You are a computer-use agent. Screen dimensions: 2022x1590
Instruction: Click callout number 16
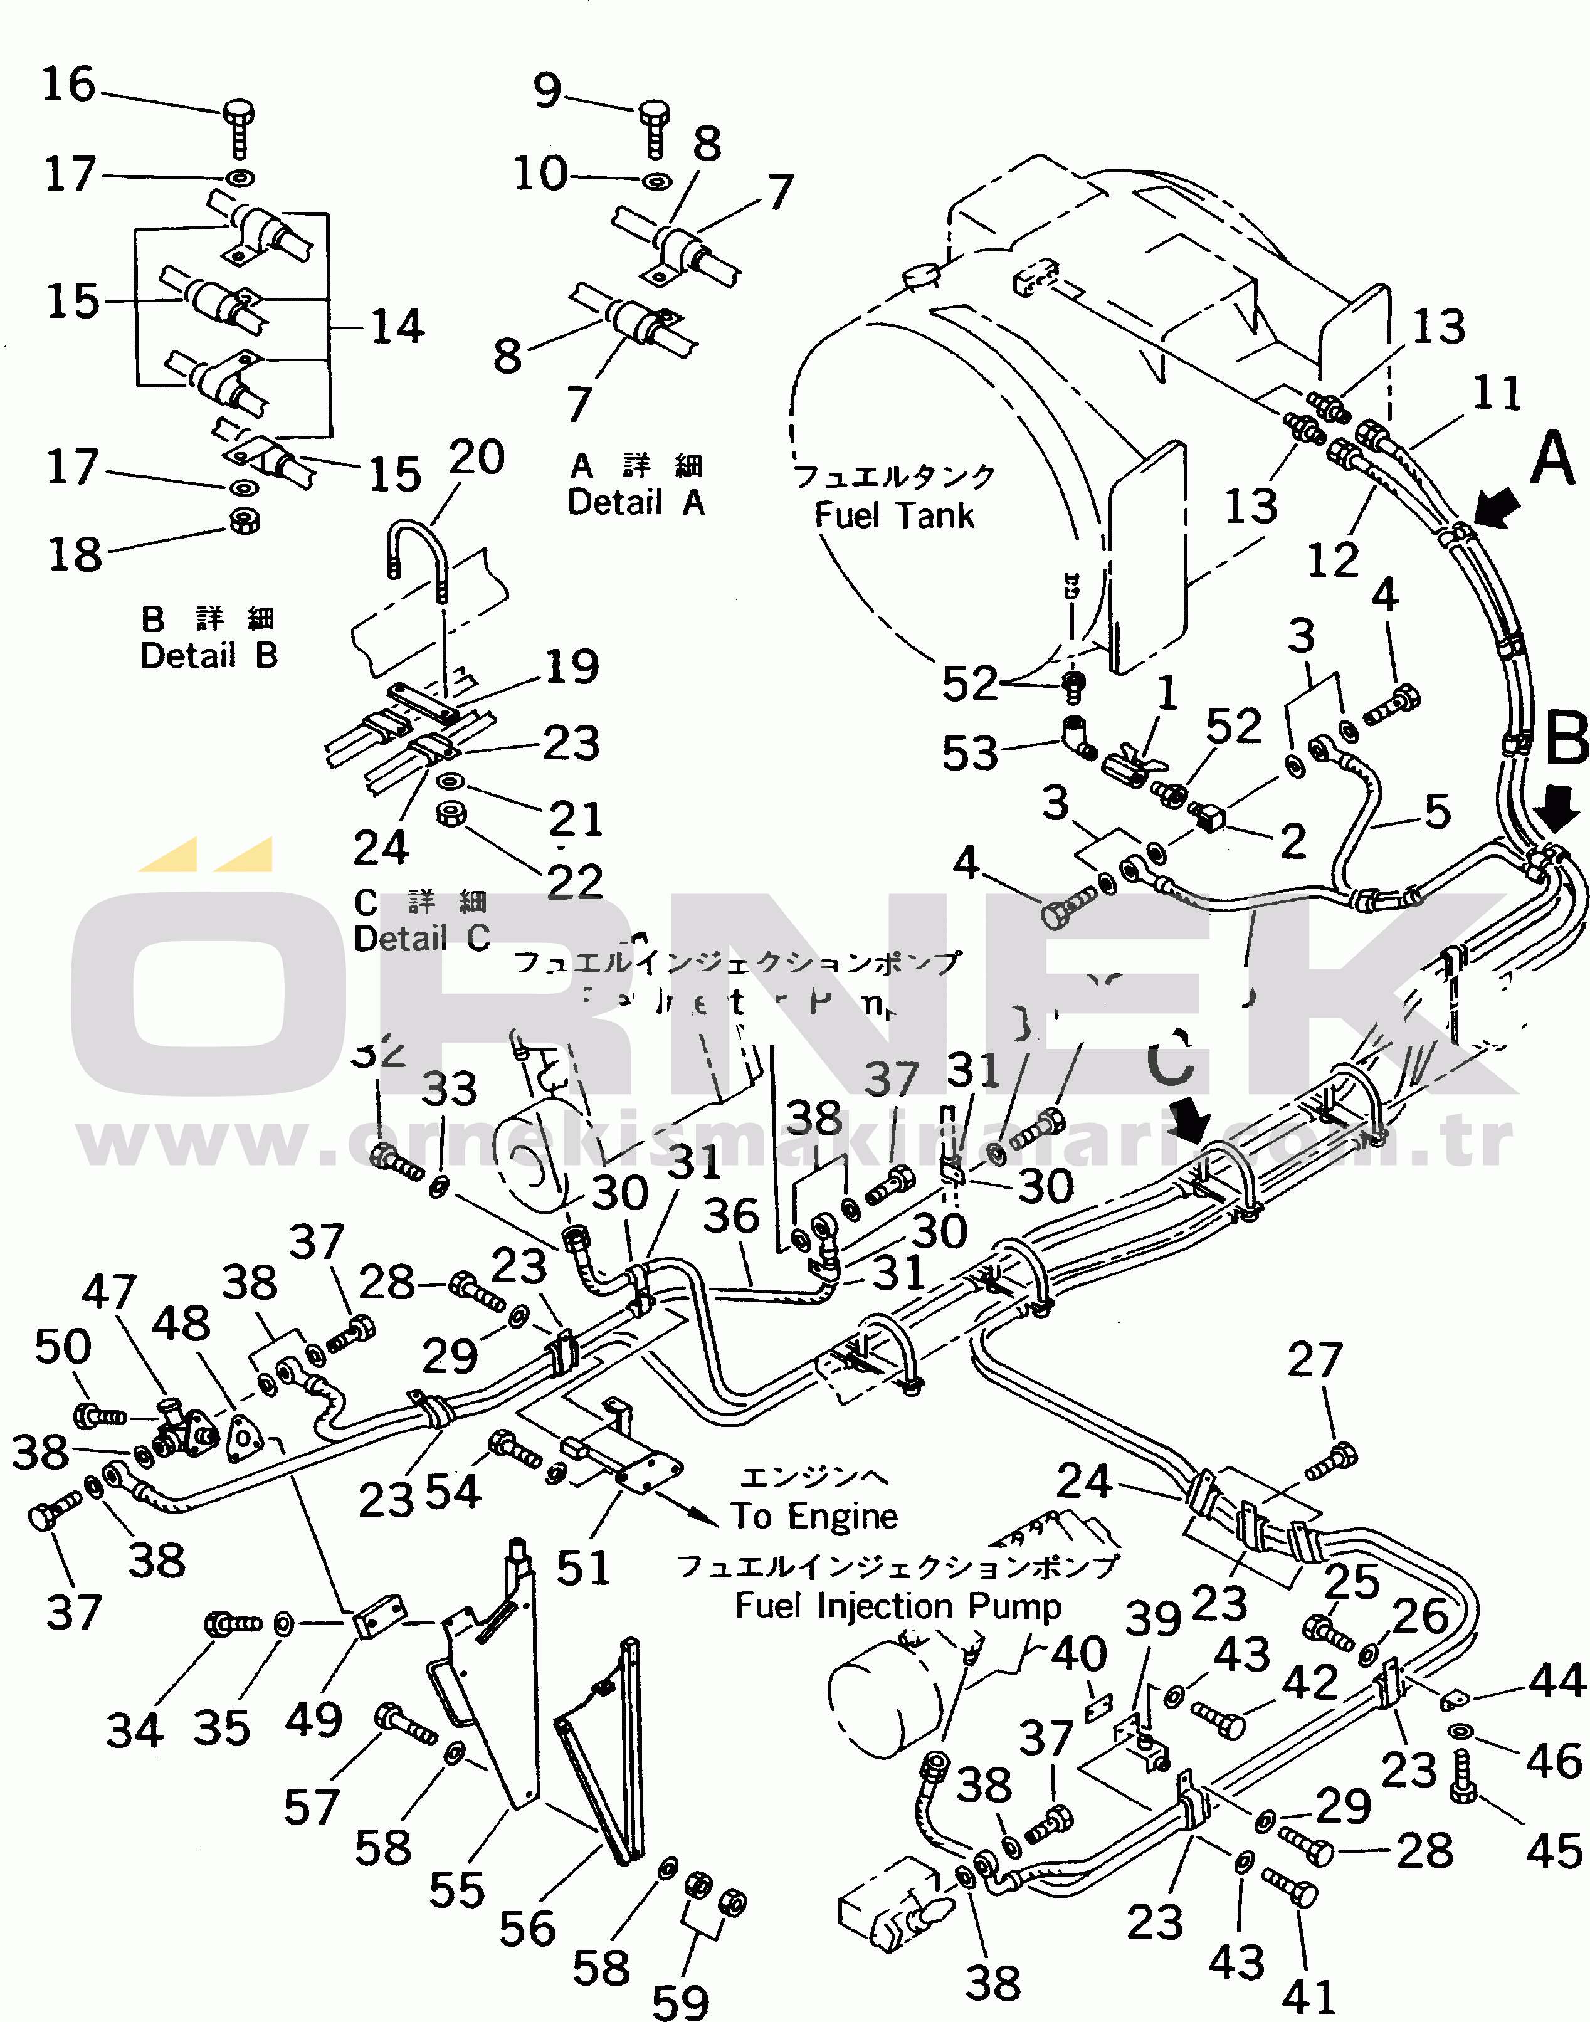click(69, 85)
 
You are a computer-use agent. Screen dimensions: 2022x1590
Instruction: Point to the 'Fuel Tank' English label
click(893, 515)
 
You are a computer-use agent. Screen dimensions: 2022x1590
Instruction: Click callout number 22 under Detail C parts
click(574, 881)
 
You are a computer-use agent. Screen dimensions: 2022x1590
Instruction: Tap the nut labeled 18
click(245, 520)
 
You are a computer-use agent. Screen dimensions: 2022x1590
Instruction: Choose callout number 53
click(969, 752)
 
